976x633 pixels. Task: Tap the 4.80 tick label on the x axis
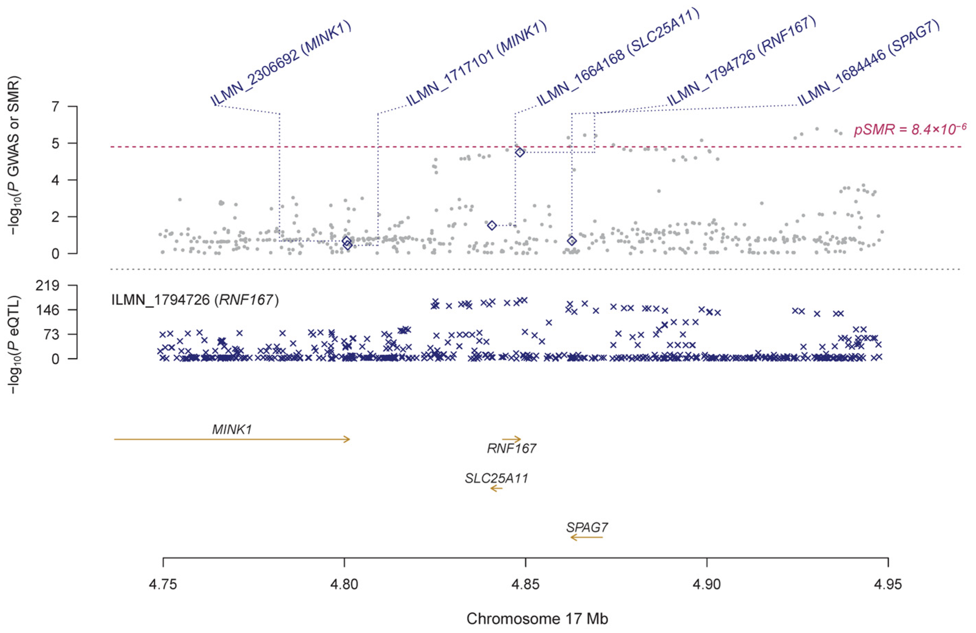coord(344,584)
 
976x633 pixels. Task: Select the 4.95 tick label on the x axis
coord(888,584)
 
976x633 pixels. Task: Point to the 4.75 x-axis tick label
coord(163,584)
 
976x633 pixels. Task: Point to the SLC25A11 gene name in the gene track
coord(496,478)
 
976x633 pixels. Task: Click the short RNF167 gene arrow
coord(511,439)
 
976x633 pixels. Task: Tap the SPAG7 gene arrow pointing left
coord(586,537)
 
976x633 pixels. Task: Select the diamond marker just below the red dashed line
coord(520,152)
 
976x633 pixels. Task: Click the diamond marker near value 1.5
coord(492,225)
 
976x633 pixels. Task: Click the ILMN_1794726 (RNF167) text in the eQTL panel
coord(195,300)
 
